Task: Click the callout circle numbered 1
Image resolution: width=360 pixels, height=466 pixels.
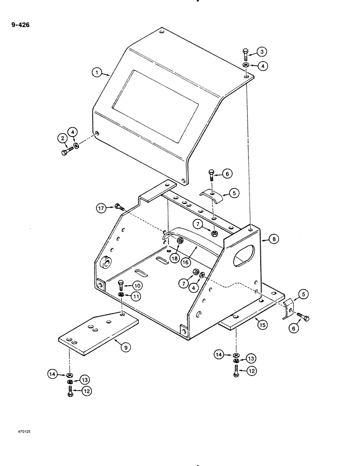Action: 96,72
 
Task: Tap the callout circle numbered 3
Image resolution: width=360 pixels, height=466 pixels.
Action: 263,51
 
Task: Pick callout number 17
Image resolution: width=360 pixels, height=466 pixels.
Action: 102,208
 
